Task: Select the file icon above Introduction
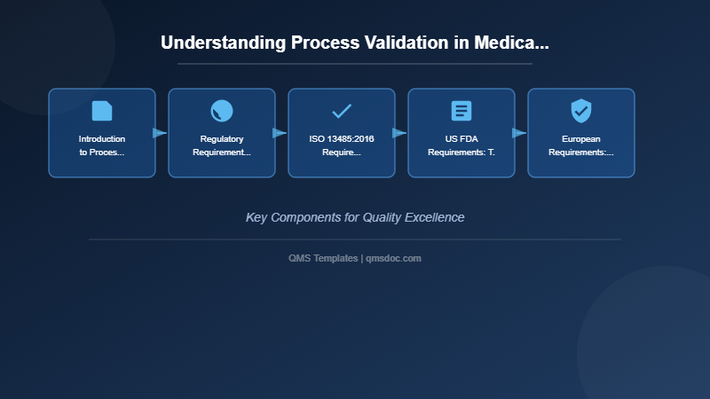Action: [102, 111]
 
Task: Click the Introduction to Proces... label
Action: [102, 145]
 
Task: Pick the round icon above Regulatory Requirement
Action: [222, 111]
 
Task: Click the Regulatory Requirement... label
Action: [222, 145]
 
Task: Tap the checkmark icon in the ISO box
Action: [342, 111]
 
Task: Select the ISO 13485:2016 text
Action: [342, 139]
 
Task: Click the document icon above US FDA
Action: [461, 111]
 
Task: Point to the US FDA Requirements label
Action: [461, 145]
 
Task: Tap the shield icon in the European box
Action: [581, 111]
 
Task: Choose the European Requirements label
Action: [581, 145]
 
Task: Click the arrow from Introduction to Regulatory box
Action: [160, 133]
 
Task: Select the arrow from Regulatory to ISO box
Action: [280, 133]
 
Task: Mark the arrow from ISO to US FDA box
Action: [399, 133]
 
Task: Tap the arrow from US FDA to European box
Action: [519, 133]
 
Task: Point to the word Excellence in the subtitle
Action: [435, 217]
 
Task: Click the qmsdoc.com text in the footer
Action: [394, 258]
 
